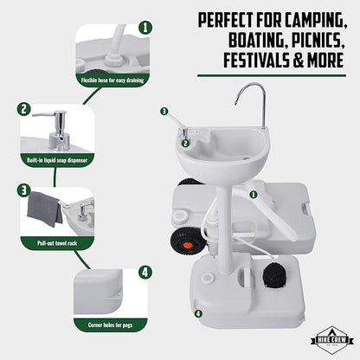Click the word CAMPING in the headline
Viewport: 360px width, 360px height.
[x=316, y=21]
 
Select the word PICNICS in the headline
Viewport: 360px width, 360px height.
[x=318, y=41]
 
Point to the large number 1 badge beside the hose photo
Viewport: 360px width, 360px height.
[x=145, y=28]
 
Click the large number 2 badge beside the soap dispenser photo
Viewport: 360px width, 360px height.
[x=24, y=109]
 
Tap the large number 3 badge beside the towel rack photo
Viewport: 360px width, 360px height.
[x=24, y=190]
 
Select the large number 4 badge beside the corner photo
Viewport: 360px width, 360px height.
[x=145, y=272]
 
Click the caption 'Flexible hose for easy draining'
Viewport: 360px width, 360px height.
[x=112, y=80]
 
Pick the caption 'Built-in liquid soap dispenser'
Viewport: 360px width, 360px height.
[x=57, y=160]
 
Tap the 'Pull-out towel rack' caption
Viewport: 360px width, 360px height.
[x=57, y=243]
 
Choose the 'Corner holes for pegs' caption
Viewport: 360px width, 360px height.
[x=110, y=325]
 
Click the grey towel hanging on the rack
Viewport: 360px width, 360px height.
[x=45, y=209]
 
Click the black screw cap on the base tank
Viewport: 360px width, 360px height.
[x=275, y=275]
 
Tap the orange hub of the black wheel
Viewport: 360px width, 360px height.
[x=188, y=246]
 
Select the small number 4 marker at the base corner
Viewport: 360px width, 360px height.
[x=198, y=313]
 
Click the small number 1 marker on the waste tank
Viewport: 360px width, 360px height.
[x=254, y=195]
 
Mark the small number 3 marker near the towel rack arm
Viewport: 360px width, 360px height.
[x=164, y=111]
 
